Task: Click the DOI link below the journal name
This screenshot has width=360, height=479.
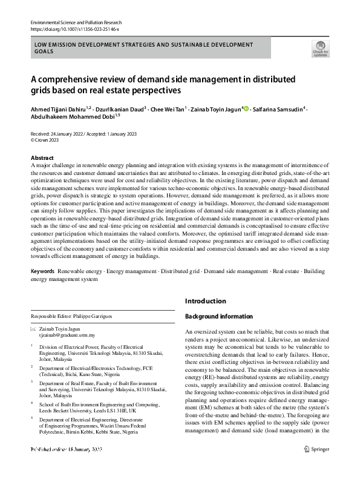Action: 74,28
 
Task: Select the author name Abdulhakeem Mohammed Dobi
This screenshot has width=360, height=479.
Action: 71,117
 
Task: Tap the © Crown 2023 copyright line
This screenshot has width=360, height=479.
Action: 46,139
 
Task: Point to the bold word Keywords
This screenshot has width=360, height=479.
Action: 42,272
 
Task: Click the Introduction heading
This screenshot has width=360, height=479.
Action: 205,301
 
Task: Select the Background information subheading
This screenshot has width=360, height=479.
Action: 218,316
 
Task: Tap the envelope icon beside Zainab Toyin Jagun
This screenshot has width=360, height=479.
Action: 33,328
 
